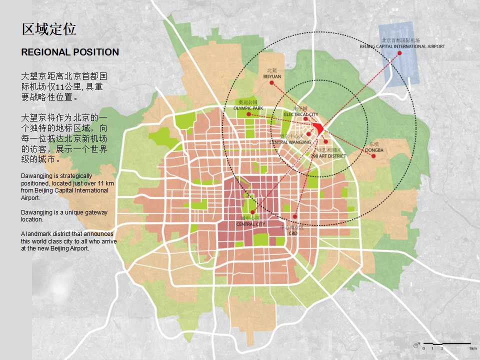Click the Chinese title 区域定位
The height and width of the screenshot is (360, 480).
coord(49,29)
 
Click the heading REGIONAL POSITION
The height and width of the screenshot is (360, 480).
coord(70,52)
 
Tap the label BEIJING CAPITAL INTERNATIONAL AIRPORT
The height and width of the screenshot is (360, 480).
coord(402,46)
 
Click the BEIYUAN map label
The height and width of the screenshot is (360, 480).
coord(272,76)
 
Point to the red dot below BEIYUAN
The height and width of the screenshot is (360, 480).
coord(271,82)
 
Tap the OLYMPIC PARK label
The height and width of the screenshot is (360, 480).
coord(248,108)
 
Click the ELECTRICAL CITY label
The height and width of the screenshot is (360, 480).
coord(300,114)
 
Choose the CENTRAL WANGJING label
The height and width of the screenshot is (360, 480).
coord(290,142)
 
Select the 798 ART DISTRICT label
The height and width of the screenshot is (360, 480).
coord(330,156)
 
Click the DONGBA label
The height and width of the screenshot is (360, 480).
coord(374,149)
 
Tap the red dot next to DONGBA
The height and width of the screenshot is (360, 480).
coord(373,156)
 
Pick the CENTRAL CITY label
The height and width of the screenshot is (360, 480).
coord(250,224)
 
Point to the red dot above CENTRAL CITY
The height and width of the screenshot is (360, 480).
coord(252,212)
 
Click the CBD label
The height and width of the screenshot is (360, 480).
coord(293,232)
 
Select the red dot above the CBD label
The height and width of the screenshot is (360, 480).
coord(295,216)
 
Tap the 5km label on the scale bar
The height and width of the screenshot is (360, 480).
coord(472,347)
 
